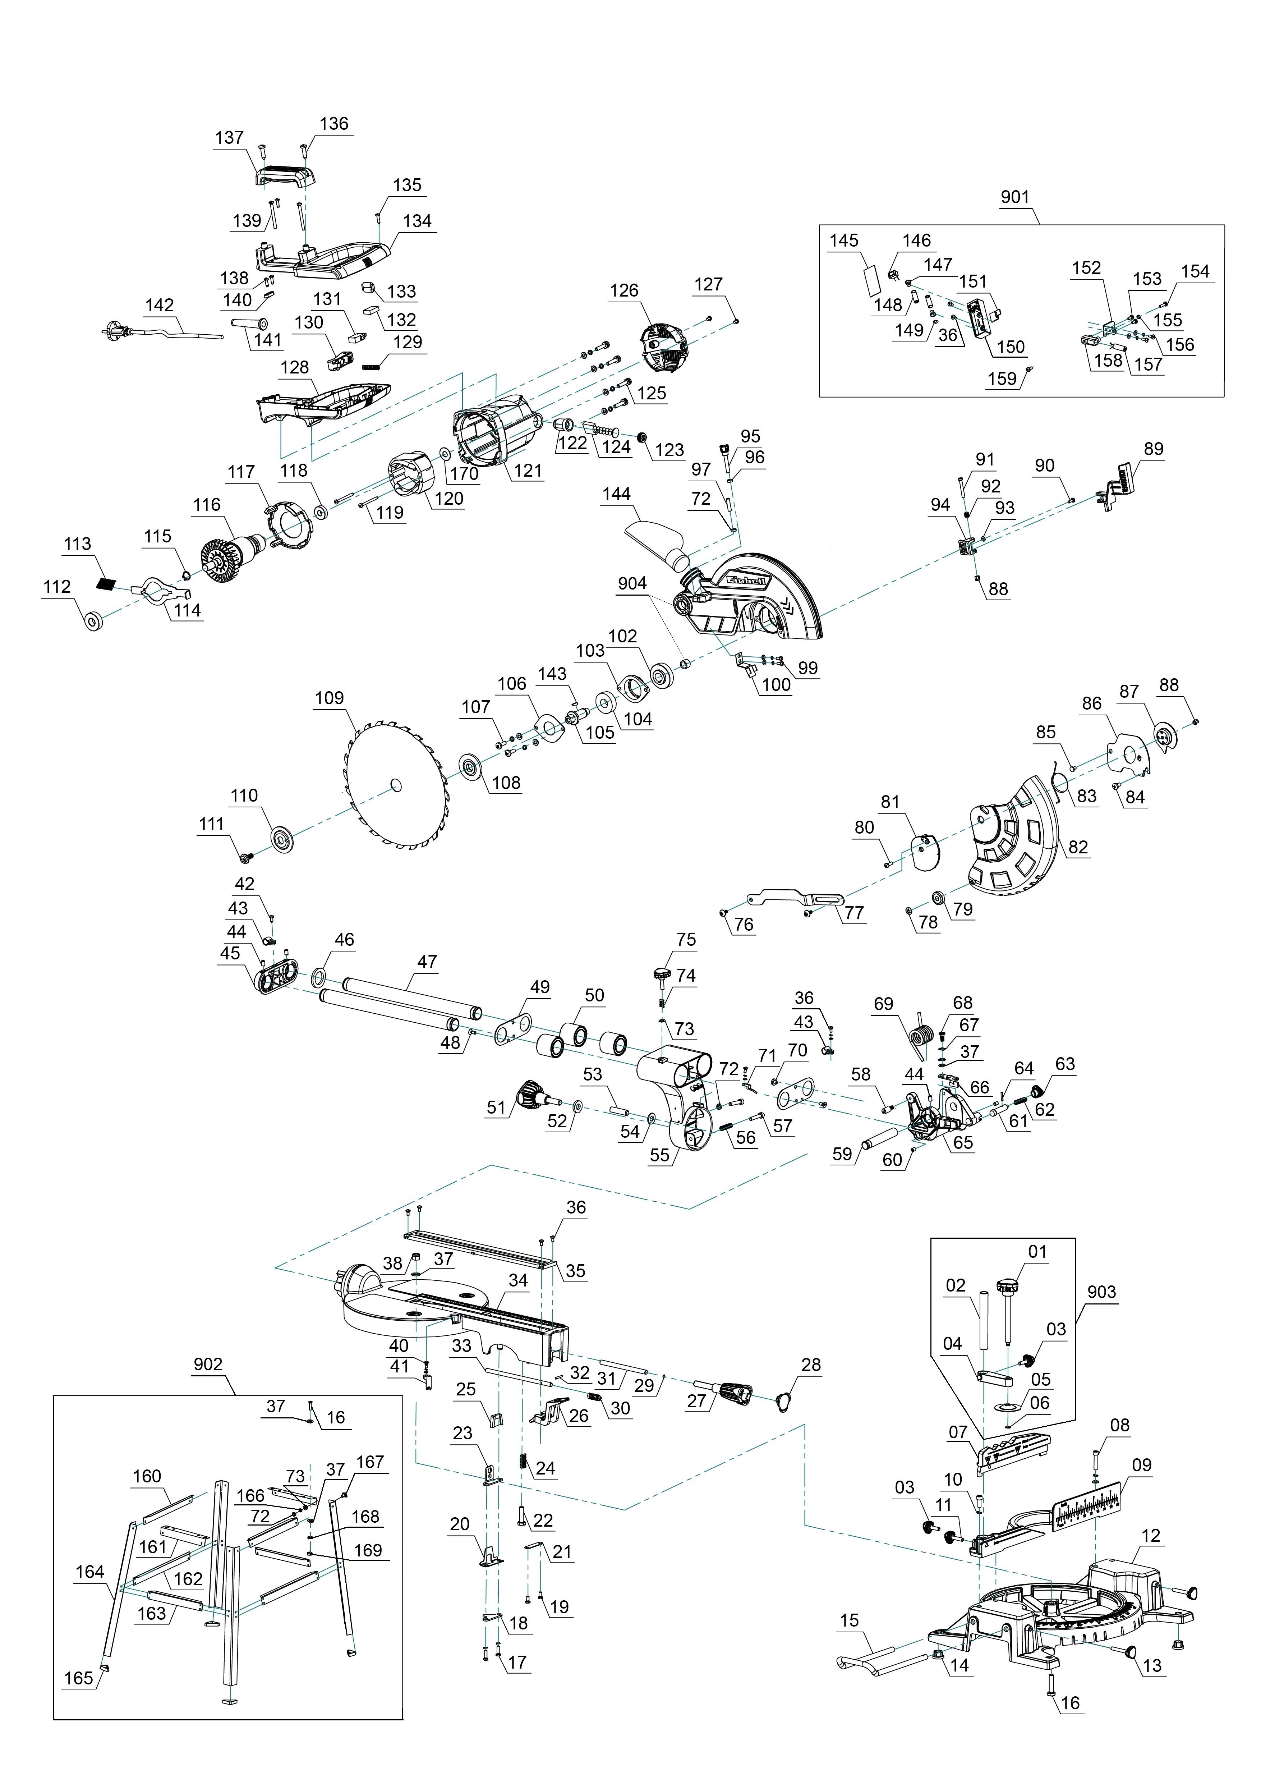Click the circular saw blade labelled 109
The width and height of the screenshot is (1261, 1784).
pyautogui.click(x=396, y=785)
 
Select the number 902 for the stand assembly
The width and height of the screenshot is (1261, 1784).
pyautogui.click(x=207, y=1365)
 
